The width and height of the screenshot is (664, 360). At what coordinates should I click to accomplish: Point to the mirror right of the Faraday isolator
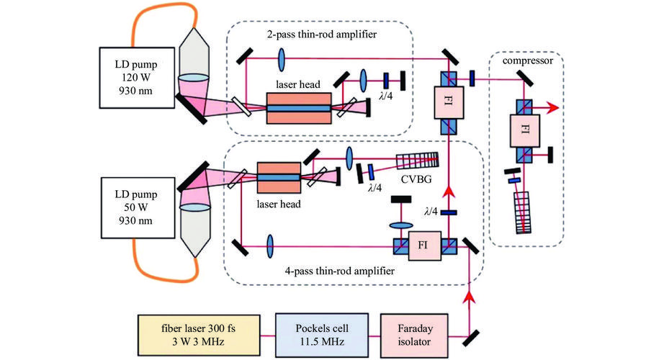475,336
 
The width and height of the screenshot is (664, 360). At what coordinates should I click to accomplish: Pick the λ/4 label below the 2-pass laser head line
373,108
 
